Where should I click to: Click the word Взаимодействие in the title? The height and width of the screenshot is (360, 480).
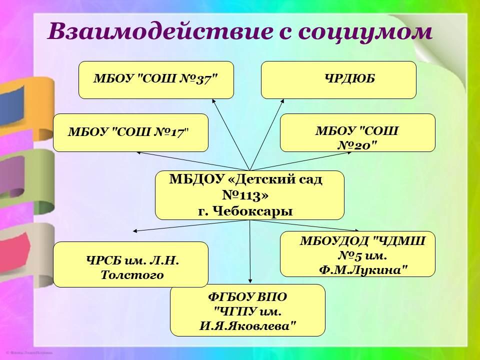pos(159,31)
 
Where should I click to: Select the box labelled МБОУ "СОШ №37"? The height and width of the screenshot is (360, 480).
pos(156,80)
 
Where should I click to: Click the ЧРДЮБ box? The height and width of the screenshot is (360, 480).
pos(338,80)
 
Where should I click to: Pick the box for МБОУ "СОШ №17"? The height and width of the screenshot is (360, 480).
pos(130,132)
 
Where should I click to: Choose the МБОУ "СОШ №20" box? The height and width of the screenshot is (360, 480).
pos(357,132)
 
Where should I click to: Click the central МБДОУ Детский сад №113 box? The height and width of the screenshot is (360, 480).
pos(249,195)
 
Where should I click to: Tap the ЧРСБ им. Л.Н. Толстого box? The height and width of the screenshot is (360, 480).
pos(130,264)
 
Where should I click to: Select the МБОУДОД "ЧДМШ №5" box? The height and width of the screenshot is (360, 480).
pos(357,254)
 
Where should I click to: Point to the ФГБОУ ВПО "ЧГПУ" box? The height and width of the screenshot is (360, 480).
pos(247,310)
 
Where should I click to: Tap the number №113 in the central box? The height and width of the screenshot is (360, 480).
pos(245,195)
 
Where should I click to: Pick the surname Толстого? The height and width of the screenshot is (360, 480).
pos(132,275)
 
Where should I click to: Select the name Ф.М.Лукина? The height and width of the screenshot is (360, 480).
pos(363,270)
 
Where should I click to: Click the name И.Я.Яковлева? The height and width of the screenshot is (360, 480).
pos(247,326)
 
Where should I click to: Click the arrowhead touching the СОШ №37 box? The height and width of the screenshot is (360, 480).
pos(213,101)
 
